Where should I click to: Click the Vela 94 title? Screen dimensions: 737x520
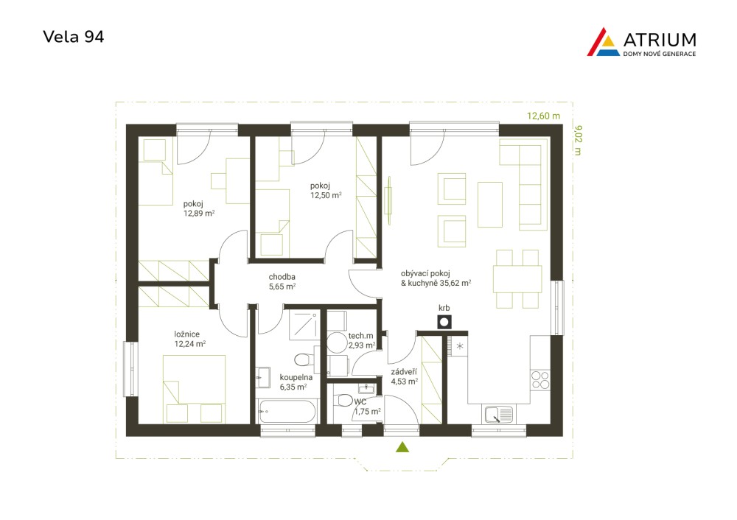tap(73, 37)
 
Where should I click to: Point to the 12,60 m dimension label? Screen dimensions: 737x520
tap(543, 116)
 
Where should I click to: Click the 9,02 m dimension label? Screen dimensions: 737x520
tap(578, 140)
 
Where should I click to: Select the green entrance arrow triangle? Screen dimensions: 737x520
tap(402, 447)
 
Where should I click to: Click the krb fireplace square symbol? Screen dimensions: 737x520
tap(444, 323)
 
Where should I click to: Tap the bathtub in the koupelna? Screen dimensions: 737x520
tap(287, 412)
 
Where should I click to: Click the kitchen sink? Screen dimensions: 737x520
tap(498, 415)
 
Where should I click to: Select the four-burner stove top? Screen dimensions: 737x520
tap(540, 380)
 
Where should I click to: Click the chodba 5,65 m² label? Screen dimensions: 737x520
tap(282, 281)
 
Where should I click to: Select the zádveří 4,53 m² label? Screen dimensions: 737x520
tap(404, 376)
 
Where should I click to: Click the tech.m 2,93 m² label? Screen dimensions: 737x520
tap(361, 340)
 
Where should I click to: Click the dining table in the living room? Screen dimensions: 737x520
tap(517, 279)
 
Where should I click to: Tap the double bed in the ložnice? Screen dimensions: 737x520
tap(194, 389)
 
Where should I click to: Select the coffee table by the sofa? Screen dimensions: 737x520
tap(490, 205)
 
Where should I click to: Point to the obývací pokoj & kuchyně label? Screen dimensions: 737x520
tap(436, 278)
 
